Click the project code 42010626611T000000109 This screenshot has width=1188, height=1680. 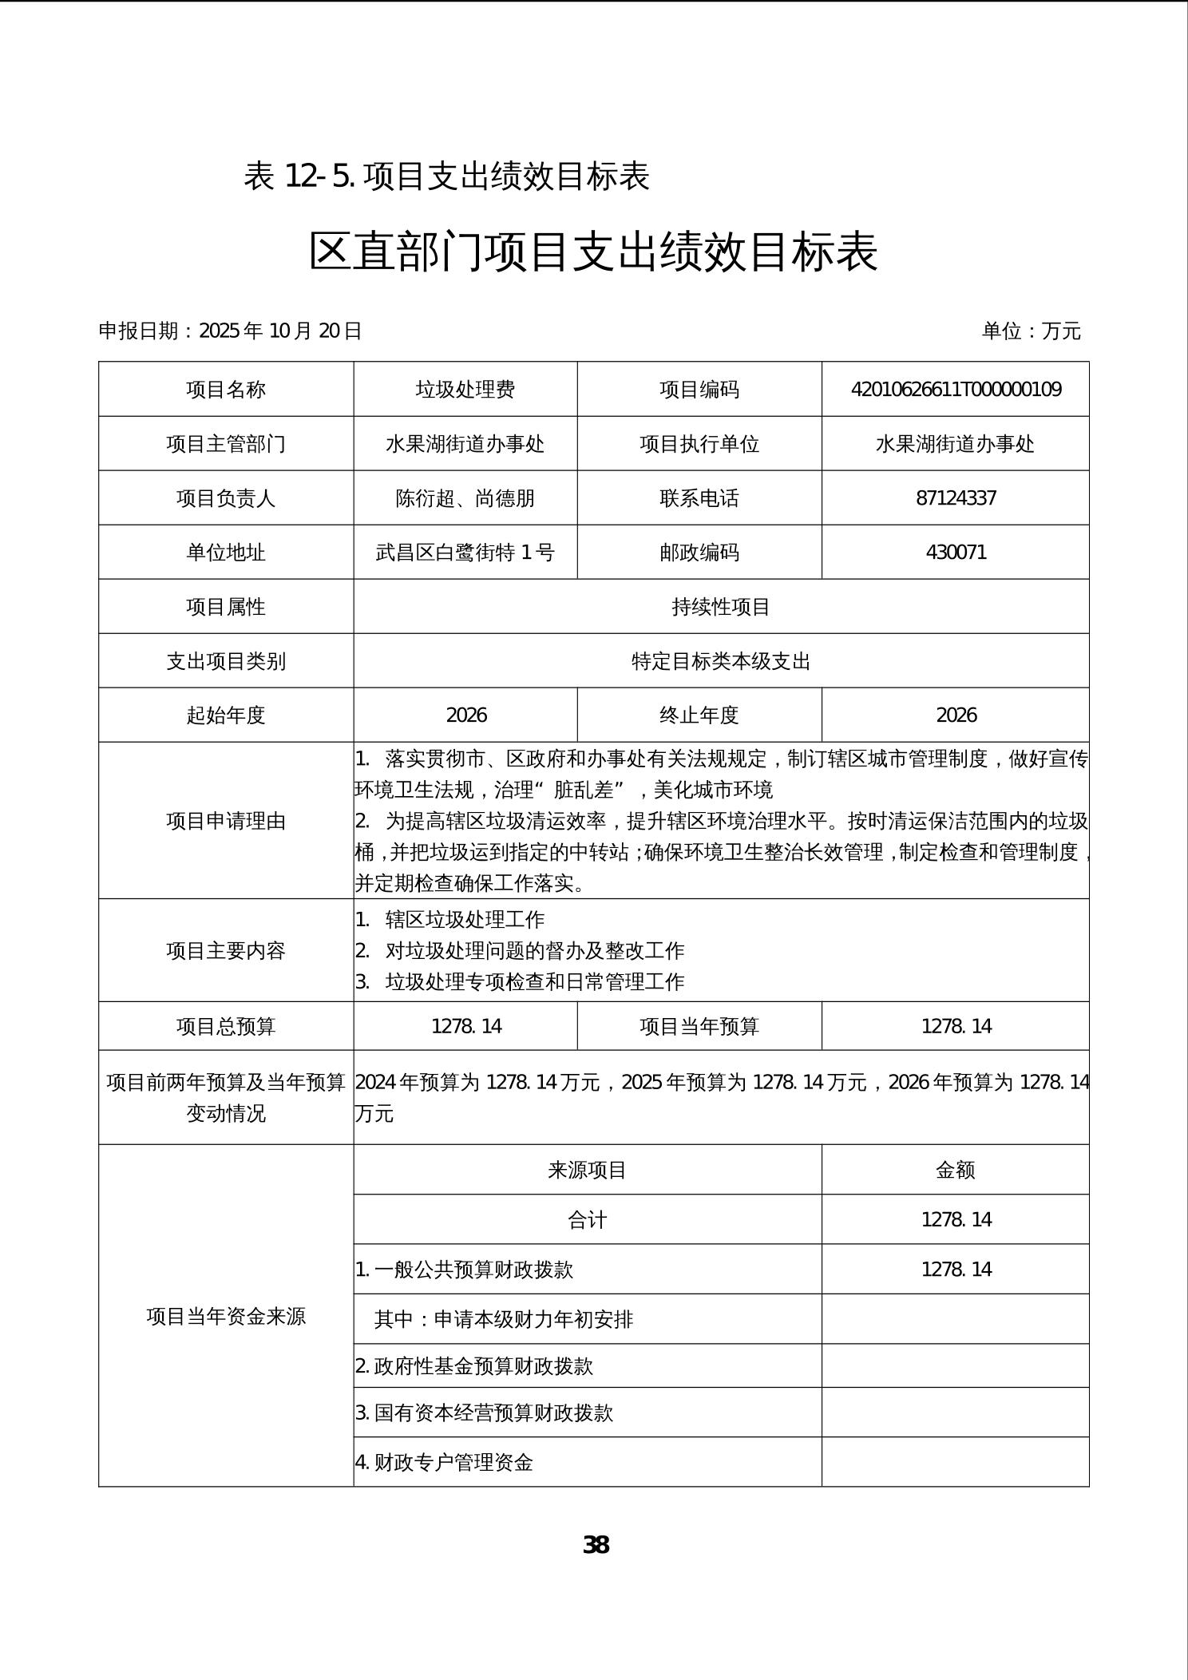click(x=956, y=390)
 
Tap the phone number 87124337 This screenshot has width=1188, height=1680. click(x=956, y=498)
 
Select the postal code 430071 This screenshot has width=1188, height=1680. click(x=956, y=553)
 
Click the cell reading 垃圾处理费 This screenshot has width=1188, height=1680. click(x=465, y=390)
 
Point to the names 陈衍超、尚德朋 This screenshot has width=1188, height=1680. click(x=465, y=498)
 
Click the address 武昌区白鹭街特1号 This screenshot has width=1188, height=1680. click(x=465, y=553)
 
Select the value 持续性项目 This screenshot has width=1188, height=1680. click(x=721, y=607)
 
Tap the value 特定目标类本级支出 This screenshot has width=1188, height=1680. click(x=721, y=661)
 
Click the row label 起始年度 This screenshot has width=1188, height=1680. click(x=226, y=715)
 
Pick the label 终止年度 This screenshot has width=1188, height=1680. click(x=699, y=715)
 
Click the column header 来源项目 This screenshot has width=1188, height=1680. click(x=588, y=1171)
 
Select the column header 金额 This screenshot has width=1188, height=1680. click(x=956, y=1171)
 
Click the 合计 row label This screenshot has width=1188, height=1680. click(x=588, y=1220)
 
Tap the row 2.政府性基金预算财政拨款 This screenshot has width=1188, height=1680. click(x=474, y=1366)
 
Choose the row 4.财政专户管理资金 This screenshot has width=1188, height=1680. click(x=444, y=1463)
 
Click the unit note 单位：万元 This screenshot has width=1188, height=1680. click(x=1031, y=331)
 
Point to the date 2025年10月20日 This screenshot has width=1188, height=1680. click(x=280, y=331)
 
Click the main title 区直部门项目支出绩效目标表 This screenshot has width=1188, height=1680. click(x=593, y=252)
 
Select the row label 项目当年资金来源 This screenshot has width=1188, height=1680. click(x=226, y=1316)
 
